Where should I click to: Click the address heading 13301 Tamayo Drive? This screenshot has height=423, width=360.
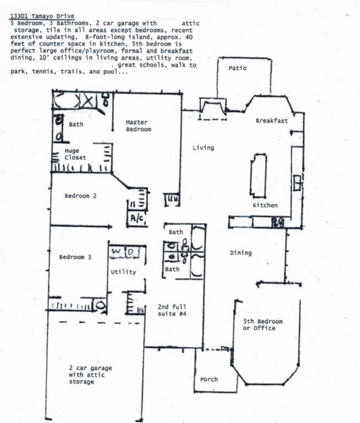(x=42, y=17)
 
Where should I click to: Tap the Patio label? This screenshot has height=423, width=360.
(x=238, y=68)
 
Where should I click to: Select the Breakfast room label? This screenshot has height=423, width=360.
(x=271, y=120)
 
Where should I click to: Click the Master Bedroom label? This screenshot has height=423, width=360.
(x=138, y=126)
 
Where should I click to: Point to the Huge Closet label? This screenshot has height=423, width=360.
(x=75, y=154)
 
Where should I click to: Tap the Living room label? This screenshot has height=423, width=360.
(x=203, y=147)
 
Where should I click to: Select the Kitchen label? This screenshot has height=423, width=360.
(x=265, y=205)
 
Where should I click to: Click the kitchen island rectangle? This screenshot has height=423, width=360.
(x=258, y=175)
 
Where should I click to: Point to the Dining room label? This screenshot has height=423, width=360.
(x=240, y=253)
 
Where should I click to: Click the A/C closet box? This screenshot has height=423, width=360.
(x=137, y=218)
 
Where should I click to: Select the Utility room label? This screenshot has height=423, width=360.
(x=123, y=272)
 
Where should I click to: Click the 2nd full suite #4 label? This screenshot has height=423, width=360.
(x=172, y=310)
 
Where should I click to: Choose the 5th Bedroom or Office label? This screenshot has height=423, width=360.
(x=263, y=325)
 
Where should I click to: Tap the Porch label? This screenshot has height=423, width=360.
(x=209, y=380)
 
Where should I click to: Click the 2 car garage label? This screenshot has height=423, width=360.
(x=90, y=375)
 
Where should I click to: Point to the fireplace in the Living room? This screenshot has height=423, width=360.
(x=212, y=108)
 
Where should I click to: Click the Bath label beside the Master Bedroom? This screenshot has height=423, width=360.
(x=76, y=124)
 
